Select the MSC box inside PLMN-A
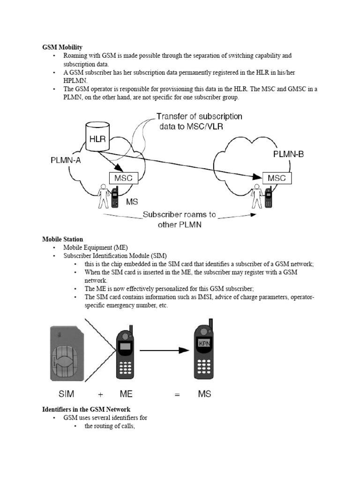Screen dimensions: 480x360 click(x=123, y=178)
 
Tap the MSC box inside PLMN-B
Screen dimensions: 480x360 click(x=277, y=178)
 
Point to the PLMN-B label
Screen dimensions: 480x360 click(x=288, y=154)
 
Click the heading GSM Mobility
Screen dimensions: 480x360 click(x=62, y=47)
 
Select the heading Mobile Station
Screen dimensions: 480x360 click(x=62, y=240)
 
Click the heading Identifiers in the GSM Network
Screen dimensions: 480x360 click(x=86, y=410)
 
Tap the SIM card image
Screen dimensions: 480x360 click(x=66, y=354)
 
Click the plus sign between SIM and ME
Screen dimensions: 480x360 click(x=100, y=394)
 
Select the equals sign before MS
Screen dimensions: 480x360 click(x=177, y=394)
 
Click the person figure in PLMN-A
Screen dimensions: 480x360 click(x=103, y=196)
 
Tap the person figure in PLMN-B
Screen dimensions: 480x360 click(x=256, y=196)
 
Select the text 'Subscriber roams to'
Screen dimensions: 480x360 click(x=179, y=215)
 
